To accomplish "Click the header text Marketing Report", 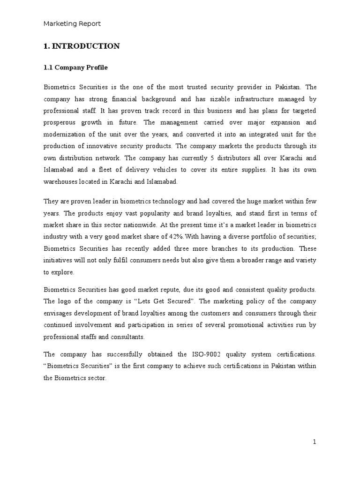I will click(72, 23).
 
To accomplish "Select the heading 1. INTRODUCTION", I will click(82, 46).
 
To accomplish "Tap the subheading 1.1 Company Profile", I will click(75, 67).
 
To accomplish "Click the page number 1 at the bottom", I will click(315, 442).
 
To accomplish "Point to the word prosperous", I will click(61, 122).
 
